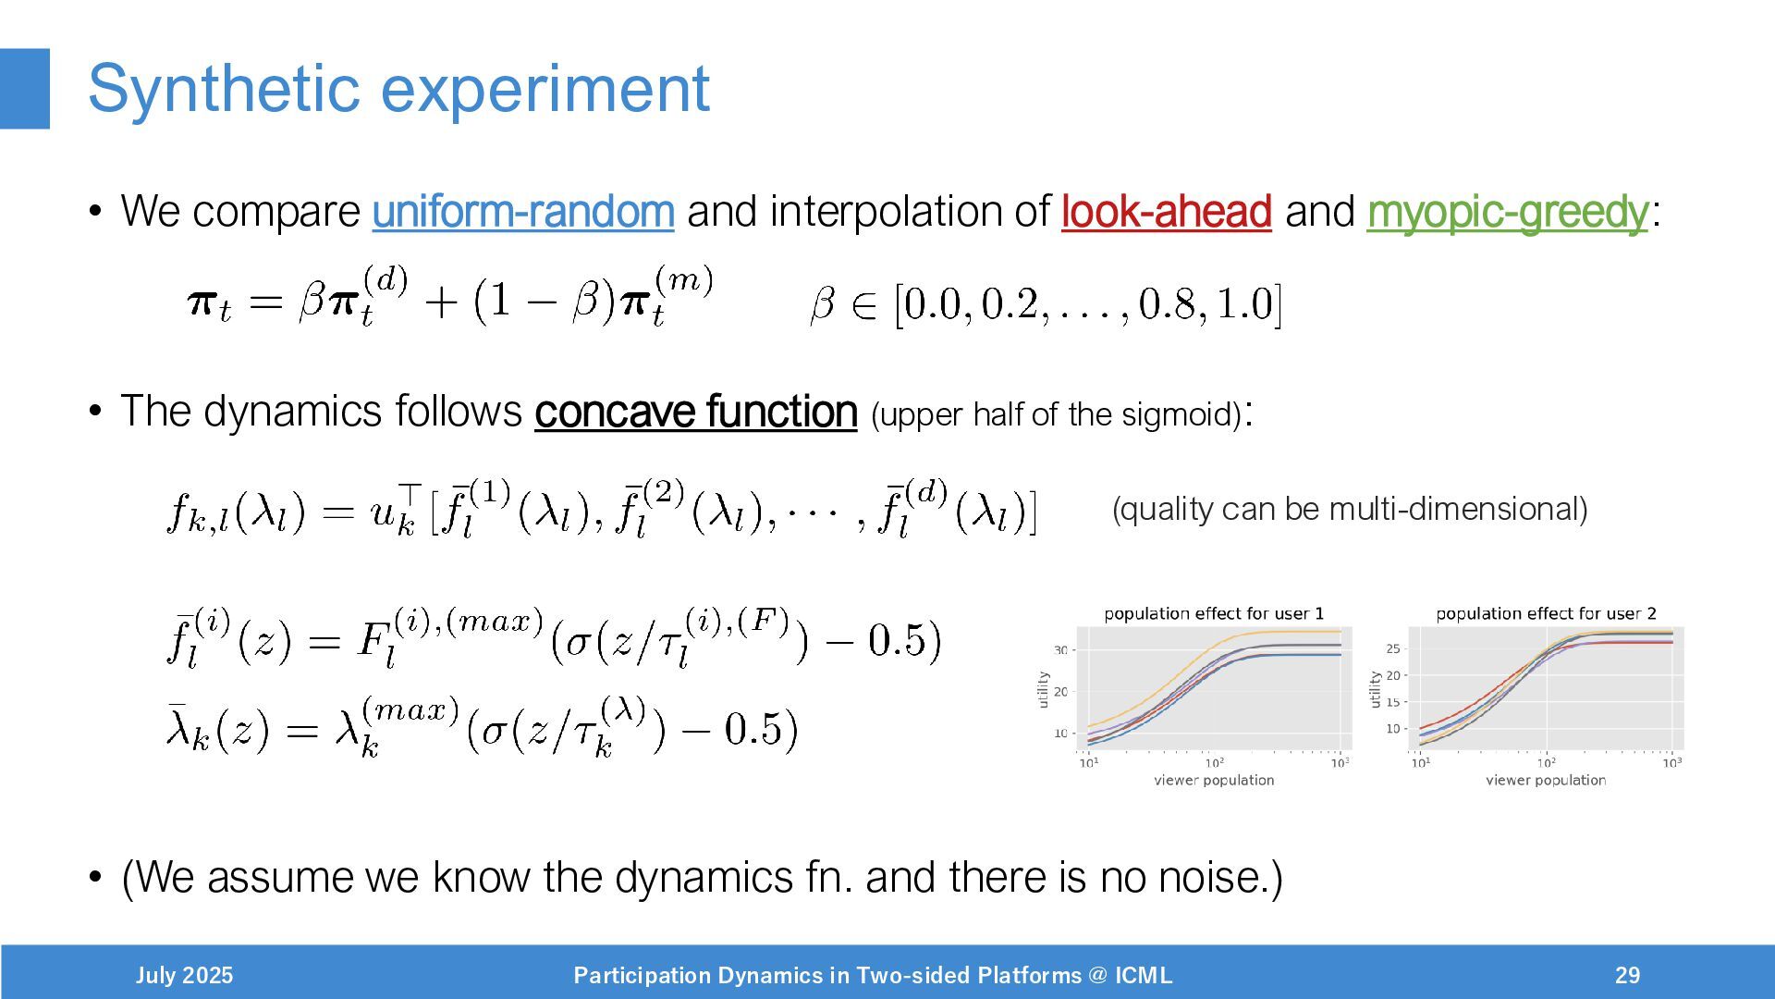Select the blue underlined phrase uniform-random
click(523, 212)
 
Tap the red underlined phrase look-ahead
click(1167, 211)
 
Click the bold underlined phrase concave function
click(696, 412)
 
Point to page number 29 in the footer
click(1628, 975)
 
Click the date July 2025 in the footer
click(184, 975)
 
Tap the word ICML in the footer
click(1144, 975)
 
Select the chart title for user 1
click(1214, 613)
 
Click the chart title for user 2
click(1546, 613)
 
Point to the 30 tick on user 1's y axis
click(1060, 650)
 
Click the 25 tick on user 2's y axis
click(1393, 648)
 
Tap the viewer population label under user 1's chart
click(1214, 780)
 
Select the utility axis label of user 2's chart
click(1375, 689)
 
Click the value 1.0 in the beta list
click(1245, 304)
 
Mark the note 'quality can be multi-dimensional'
click(1350, 509)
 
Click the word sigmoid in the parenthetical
click(1181, 414)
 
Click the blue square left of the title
click(25, 89)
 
